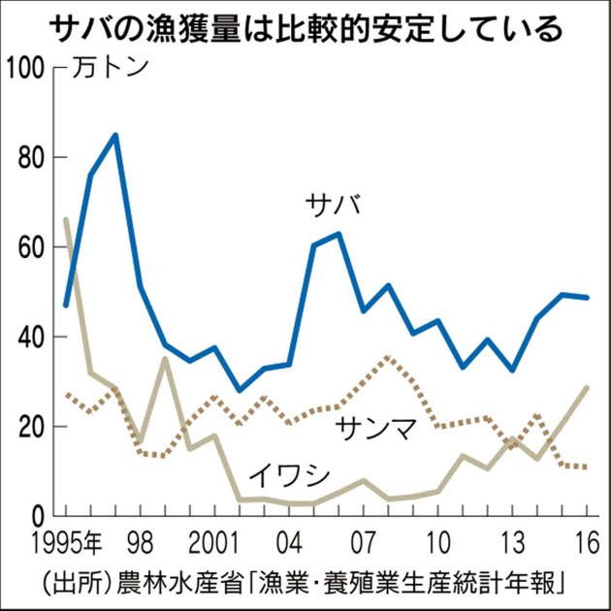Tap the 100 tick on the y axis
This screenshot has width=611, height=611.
pyautogui.click(x=27, y=68)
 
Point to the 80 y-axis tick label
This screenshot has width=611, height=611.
pyautogui.click(x=34, y=157)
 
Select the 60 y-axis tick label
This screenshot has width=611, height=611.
pyautogui.click(x=34, y=247)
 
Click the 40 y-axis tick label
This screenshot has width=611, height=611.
pyautogui.click(x=34, y=337)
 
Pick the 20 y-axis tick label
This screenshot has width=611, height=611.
pyautogui.click(x=34, y=427)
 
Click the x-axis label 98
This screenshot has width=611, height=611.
pyautogui.click(x=142, y=538)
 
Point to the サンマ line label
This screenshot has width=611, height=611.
pyautogui.click(x=377, y=429)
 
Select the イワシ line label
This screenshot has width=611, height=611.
pyautogui.click(x=288, y=475)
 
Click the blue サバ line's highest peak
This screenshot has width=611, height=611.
pyautogui.click(x=115, y=135)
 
